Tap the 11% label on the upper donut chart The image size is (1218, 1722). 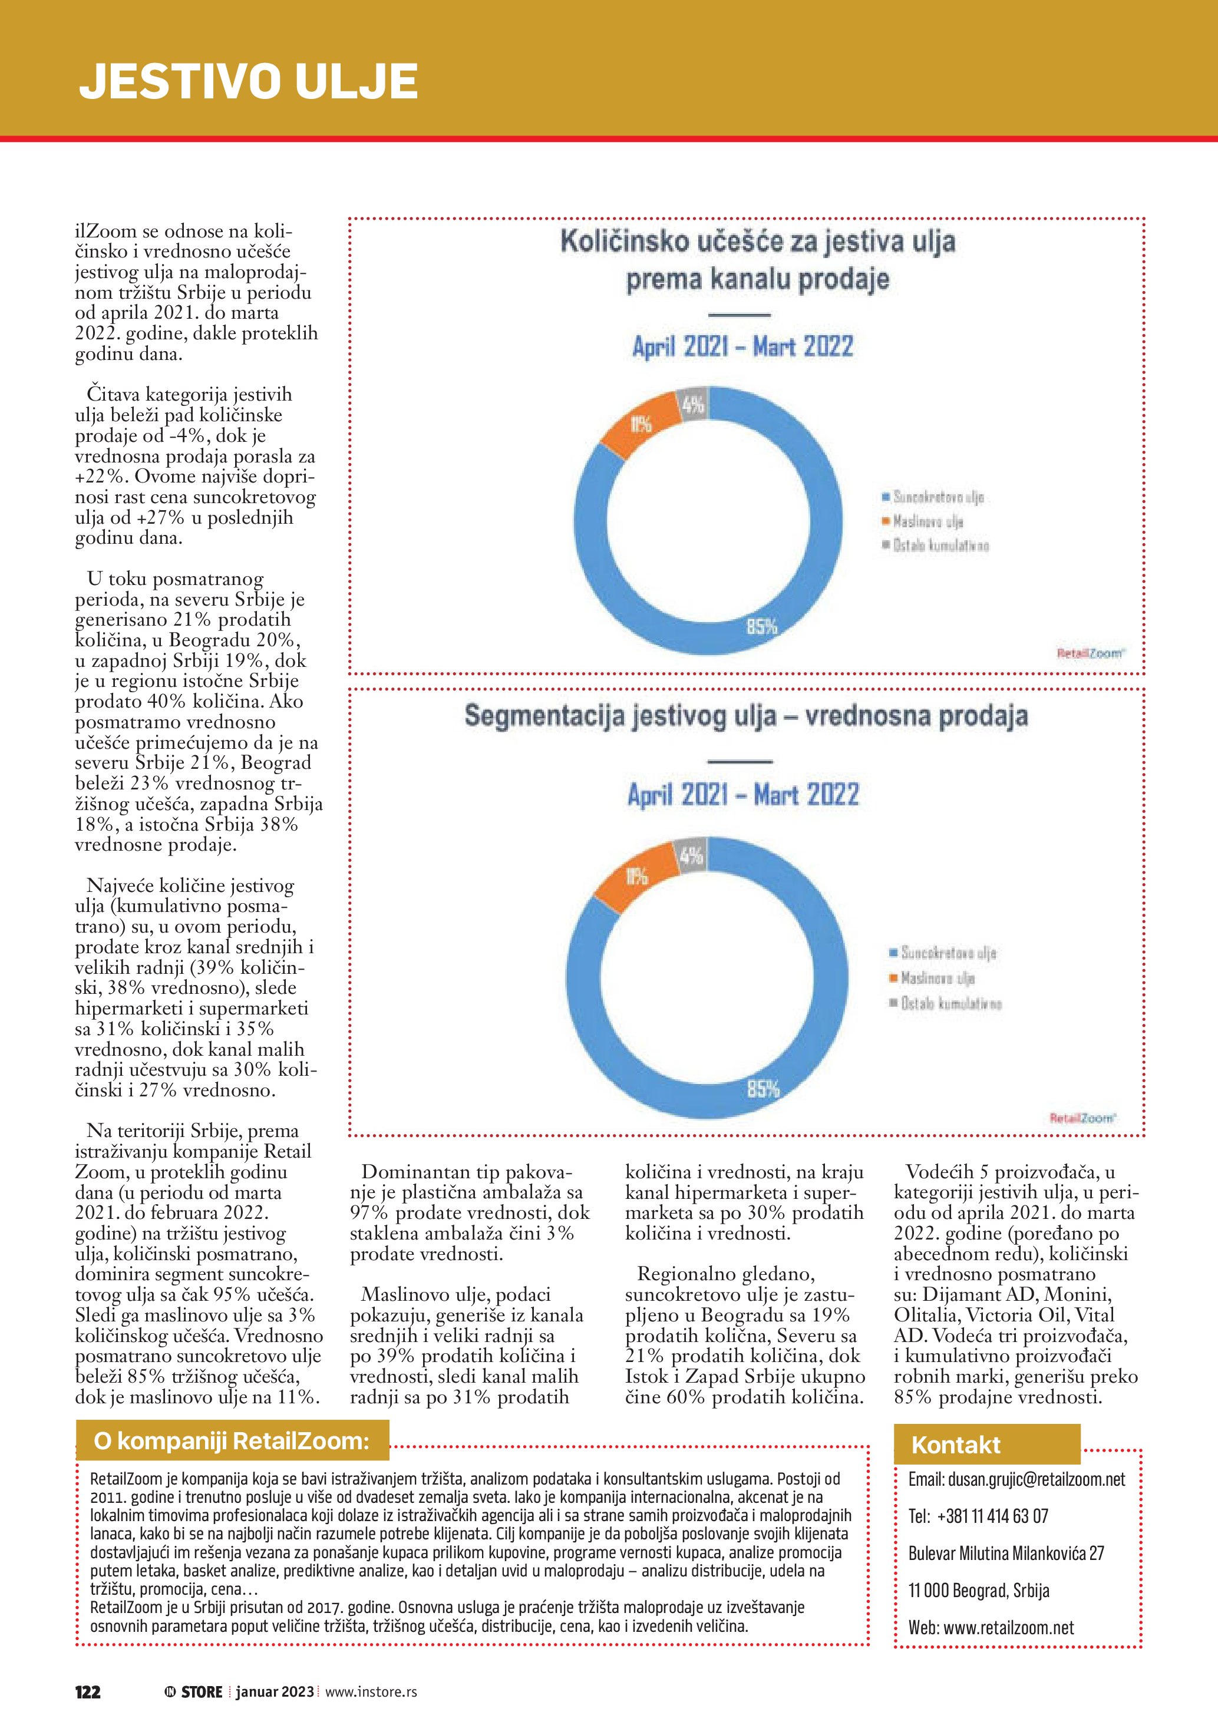pyautogui.click(x=641, y=425)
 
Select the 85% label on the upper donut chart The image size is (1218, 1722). pyautogui.click(x=761, y=626)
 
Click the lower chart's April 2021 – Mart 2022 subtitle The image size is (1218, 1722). pyautogui.click(x=743, y=795)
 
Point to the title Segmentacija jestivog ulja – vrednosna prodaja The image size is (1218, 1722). pyautogui.click(x=745, y=716)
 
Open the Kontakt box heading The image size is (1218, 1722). pyautogui.click(x=956, y=1445)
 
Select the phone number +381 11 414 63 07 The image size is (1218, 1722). pyautogui.click(x=992, y=1516)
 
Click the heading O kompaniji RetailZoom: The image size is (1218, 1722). pyautogui.click(x=231, y=1441)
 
